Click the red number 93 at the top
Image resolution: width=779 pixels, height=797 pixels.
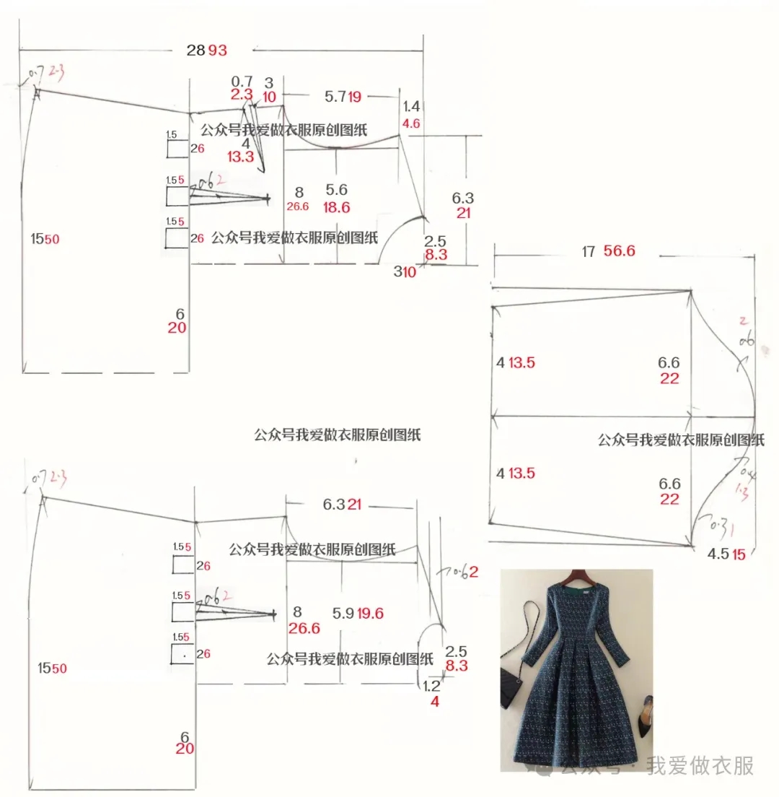(218, 50)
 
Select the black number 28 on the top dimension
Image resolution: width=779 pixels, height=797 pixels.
(196, 50)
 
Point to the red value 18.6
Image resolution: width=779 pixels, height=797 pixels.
(336, 207)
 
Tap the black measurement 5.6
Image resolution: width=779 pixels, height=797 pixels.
(336, 190)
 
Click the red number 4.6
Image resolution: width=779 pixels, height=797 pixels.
(411, 123)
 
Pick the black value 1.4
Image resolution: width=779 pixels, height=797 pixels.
(411, 106)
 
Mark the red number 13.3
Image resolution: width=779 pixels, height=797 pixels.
(241, 157)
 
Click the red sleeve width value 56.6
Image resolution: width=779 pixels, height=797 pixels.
(620, 251)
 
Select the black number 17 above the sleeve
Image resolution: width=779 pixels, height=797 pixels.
(588, 251)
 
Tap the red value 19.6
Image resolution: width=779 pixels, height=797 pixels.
(369, 614)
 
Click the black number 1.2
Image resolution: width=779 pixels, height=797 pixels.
(431, 685)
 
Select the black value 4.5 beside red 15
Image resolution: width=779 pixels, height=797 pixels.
(718, 554)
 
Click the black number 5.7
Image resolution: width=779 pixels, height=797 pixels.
(335, 96)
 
